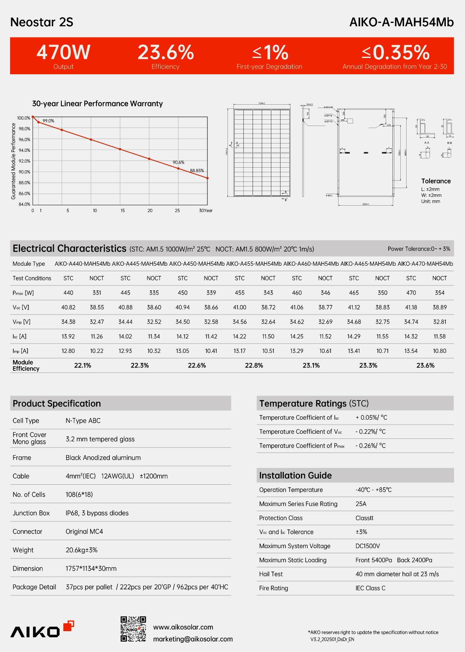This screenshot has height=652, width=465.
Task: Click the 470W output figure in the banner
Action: pos(63,53)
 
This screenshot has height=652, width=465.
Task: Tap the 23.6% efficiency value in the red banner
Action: pos(166,53)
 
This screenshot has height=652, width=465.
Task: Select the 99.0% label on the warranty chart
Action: pos(48,121)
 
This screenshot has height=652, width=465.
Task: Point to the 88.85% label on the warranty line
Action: pos(197,171)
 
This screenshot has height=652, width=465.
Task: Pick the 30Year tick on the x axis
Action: pos(206,211)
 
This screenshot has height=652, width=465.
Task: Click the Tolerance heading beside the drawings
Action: pos(436,181)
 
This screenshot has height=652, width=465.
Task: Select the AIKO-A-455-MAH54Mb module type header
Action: pos(254,264)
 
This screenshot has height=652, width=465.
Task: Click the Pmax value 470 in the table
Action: pos(411,293)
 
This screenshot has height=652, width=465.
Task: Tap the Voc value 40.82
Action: pos(68,307)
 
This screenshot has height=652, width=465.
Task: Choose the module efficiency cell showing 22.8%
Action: pos(254,365)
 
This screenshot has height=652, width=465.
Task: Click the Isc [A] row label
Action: pos(20,337)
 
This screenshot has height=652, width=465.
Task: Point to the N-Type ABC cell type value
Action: pos(83,420)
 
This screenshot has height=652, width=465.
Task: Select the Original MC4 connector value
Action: pos(84,531)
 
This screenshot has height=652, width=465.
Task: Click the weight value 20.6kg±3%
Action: pos(81,550)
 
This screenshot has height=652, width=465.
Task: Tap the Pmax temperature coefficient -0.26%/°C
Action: pos(371,446)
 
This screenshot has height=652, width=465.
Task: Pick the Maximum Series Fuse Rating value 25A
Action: pos(361,504)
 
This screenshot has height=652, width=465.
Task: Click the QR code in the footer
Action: pos(133,629)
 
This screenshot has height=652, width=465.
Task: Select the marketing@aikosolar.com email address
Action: pos(193,639)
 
